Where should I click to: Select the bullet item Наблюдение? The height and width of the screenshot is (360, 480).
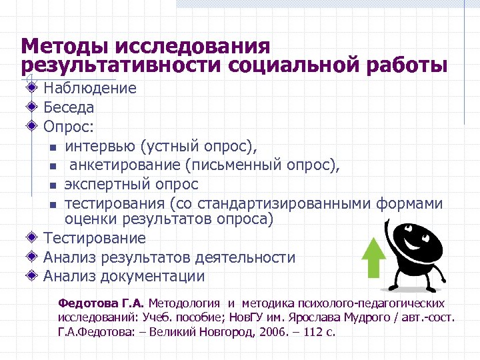click(x=90, y=88)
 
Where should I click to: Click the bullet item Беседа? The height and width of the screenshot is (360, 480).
click(x=69, y=107)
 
